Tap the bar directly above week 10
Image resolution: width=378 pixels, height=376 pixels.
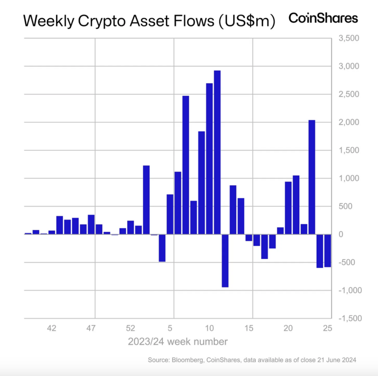coord(209,159)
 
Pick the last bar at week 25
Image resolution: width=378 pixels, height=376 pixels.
coord(328,250)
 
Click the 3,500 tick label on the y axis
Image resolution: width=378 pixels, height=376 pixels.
coord(348,38)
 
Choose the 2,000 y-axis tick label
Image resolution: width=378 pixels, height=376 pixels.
coord(348,123)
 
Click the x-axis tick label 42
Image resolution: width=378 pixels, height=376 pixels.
coord(52,329)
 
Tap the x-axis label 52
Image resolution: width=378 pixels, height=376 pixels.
coord(130,329)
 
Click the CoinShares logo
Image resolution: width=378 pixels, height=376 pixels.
coord(323,18)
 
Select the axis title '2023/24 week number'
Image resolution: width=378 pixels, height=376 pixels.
coord(178,342)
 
